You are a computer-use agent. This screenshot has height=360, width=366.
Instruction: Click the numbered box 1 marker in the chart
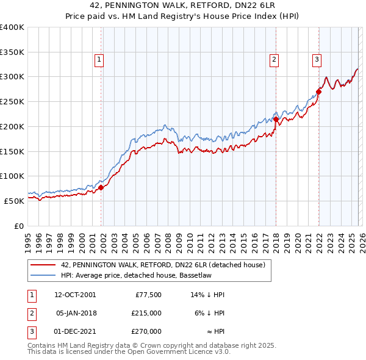tap(99, 59)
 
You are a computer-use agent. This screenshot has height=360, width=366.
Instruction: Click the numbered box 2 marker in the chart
tap(274, 59)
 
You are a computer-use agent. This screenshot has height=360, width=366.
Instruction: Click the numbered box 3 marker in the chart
tap(317, 59)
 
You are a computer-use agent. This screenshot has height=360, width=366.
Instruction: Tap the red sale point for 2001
tap(101, 187)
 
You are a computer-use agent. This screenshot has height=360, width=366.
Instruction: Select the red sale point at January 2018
tap(276, 120)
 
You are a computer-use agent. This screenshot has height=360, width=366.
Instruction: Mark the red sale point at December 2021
tap(318, 92)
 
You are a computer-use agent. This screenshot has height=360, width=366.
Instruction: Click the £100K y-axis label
tap(12, 176)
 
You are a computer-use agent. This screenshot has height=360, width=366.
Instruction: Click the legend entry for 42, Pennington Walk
tap(163, 265)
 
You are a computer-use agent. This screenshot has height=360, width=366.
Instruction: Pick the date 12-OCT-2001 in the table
tap(75, 295)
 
